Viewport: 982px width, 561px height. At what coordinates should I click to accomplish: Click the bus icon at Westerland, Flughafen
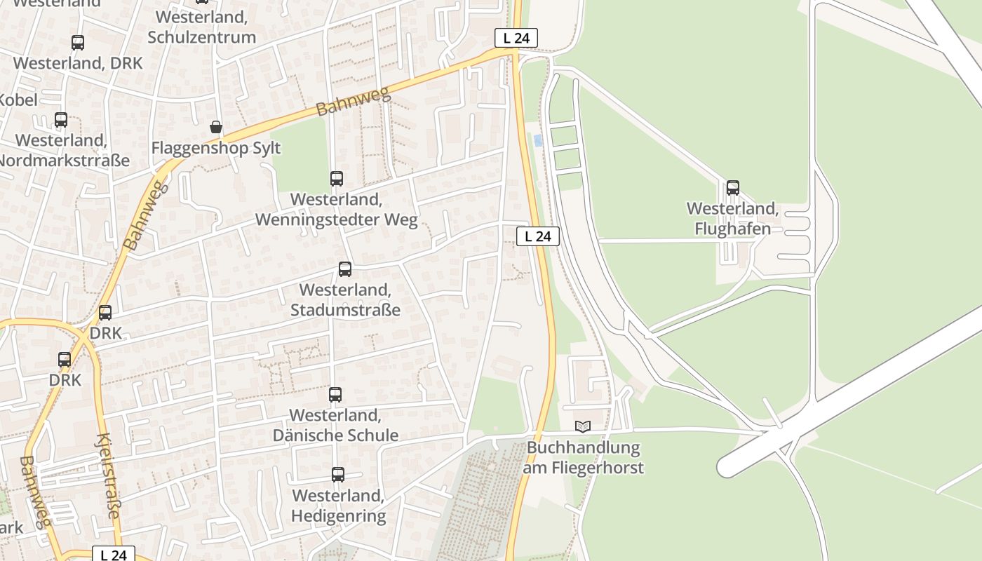732,187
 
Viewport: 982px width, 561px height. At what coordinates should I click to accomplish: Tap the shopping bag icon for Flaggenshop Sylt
216,127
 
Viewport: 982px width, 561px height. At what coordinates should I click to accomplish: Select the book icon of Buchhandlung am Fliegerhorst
582,426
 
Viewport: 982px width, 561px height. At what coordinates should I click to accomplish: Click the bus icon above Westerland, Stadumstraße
344,269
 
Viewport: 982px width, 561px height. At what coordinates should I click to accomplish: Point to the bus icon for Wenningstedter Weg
337,179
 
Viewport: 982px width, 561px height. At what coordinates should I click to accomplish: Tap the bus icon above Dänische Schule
335,395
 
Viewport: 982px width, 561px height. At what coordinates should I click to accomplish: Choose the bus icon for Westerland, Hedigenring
337,475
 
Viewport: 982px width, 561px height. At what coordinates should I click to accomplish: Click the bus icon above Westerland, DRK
78,43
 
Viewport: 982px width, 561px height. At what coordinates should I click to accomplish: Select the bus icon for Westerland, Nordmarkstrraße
61,120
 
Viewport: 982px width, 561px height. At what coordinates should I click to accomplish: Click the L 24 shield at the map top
516,38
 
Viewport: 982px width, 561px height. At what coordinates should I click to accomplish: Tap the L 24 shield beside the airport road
538,236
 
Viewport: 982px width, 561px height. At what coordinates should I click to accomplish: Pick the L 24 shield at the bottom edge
113,555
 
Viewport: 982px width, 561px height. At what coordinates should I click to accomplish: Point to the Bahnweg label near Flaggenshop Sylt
353,102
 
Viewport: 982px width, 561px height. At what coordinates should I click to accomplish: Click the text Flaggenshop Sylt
216,148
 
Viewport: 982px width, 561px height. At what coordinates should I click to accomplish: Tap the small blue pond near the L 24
538,140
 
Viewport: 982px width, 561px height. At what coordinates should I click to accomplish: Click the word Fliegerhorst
600,467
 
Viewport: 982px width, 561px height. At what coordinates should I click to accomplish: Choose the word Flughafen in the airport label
732,229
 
